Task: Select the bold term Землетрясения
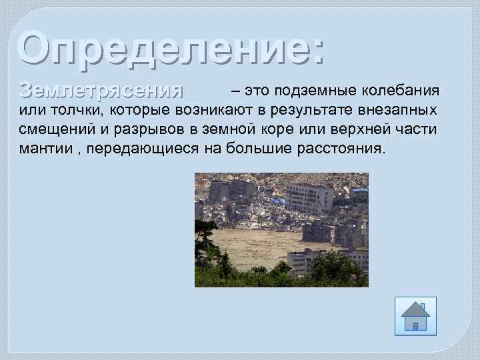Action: click(x=101, y=91)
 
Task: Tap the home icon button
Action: click(x=415, y=315)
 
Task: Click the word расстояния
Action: click(x=341, y=148)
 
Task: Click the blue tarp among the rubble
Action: click(x=278, y=200)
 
